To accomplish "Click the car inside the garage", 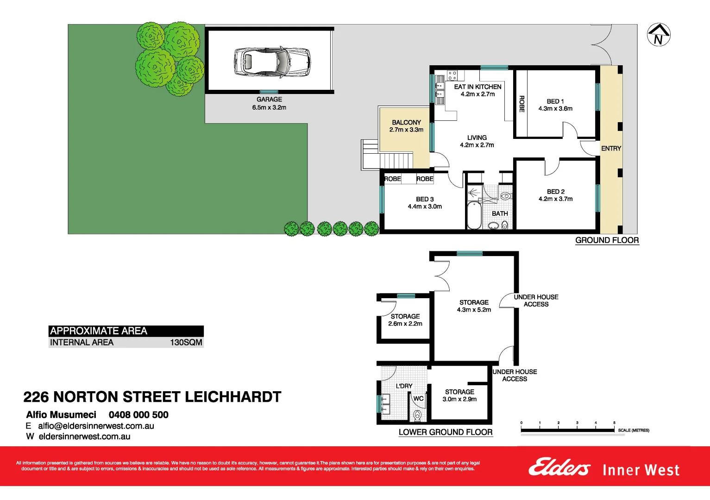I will tap(272, 61).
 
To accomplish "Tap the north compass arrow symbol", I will tap(658, 34).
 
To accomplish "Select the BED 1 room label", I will tap(555, 101).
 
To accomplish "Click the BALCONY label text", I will tap(406, 123).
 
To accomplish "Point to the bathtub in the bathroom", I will tap(474, 215).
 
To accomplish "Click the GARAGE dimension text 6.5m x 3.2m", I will tap(269, 107).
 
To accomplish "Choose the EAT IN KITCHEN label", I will tap(478, 87).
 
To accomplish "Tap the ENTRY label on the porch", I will tap(611, 149).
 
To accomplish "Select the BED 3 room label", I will tap(425, 199).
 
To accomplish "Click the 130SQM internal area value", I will tap(186, 343).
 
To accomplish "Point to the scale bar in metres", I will tap(568, 430).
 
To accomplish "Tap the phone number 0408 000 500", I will tap(138, 415).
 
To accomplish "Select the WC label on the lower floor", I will tap(418, 399).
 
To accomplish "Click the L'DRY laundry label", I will tap(404, 386).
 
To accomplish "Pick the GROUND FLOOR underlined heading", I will tap(607, 240).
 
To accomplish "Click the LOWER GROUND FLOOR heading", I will tap(445, 432).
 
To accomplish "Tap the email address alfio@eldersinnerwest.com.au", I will tap(96, 426).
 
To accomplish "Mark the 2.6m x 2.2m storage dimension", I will tap(405, 324).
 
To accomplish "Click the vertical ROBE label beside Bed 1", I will tap(522, 104).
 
